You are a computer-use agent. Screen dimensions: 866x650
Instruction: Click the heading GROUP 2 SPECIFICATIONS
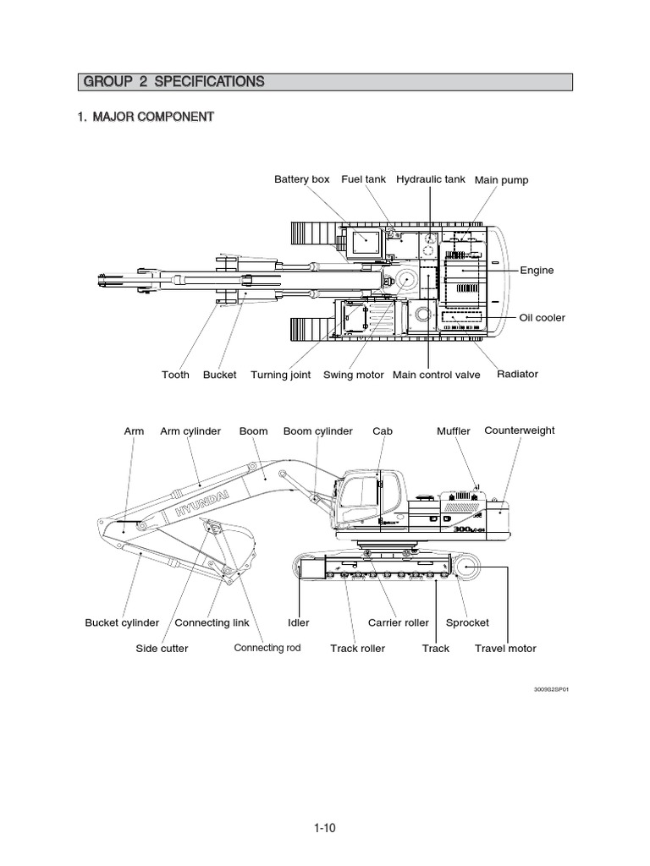coord(173,82)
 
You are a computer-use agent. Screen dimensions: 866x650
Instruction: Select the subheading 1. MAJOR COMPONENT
coord(145,116)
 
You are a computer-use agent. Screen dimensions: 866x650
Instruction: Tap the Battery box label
coord(301,179)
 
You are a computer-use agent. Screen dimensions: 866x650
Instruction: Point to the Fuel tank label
coord(364,179)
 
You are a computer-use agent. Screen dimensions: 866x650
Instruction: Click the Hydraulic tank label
coord(431,179)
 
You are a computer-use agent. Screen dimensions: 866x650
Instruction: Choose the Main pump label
coord(501,180)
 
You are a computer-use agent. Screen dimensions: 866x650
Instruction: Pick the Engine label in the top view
coord(537,271)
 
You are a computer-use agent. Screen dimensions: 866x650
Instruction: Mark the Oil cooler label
coord(542,318)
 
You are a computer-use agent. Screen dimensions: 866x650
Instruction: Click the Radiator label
coord(517,374)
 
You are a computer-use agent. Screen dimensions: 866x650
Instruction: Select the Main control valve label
coord(437,375)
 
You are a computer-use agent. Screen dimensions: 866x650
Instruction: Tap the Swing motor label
coord(354,375)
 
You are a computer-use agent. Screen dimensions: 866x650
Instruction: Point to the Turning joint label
coord(280,375)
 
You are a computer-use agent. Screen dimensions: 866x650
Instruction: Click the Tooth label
coord(175,375)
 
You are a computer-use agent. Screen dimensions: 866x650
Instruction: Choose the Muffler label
coord(453,431)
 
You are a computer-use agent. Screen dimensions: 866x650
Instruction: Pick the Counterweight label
coord(520,430)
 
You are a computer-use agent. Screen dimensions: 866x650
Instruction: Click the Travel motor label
coord(505,649)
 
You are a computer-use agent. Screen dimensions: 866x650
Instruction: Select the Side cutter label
coord(162,649)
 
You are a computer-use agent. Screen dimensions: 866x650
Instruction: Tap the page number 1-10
coord(324,829)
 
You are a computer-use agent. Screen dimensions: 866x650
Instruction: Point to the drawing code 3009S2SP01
coord(550,690)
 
